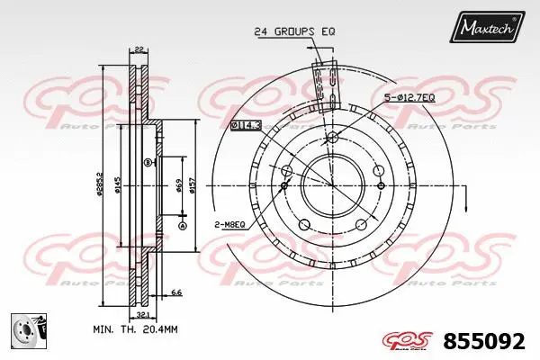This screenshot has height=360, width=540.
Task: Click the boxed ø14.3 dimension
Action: [x=245, y=126]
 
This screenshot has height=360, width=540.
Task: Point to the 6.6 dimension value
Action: [x=176, y=292]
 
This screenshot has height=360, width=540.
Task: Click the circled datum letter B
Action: [x=148, y=162]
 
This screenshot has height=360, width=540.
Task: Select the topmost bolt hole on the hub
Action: [x=331, y=137]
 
